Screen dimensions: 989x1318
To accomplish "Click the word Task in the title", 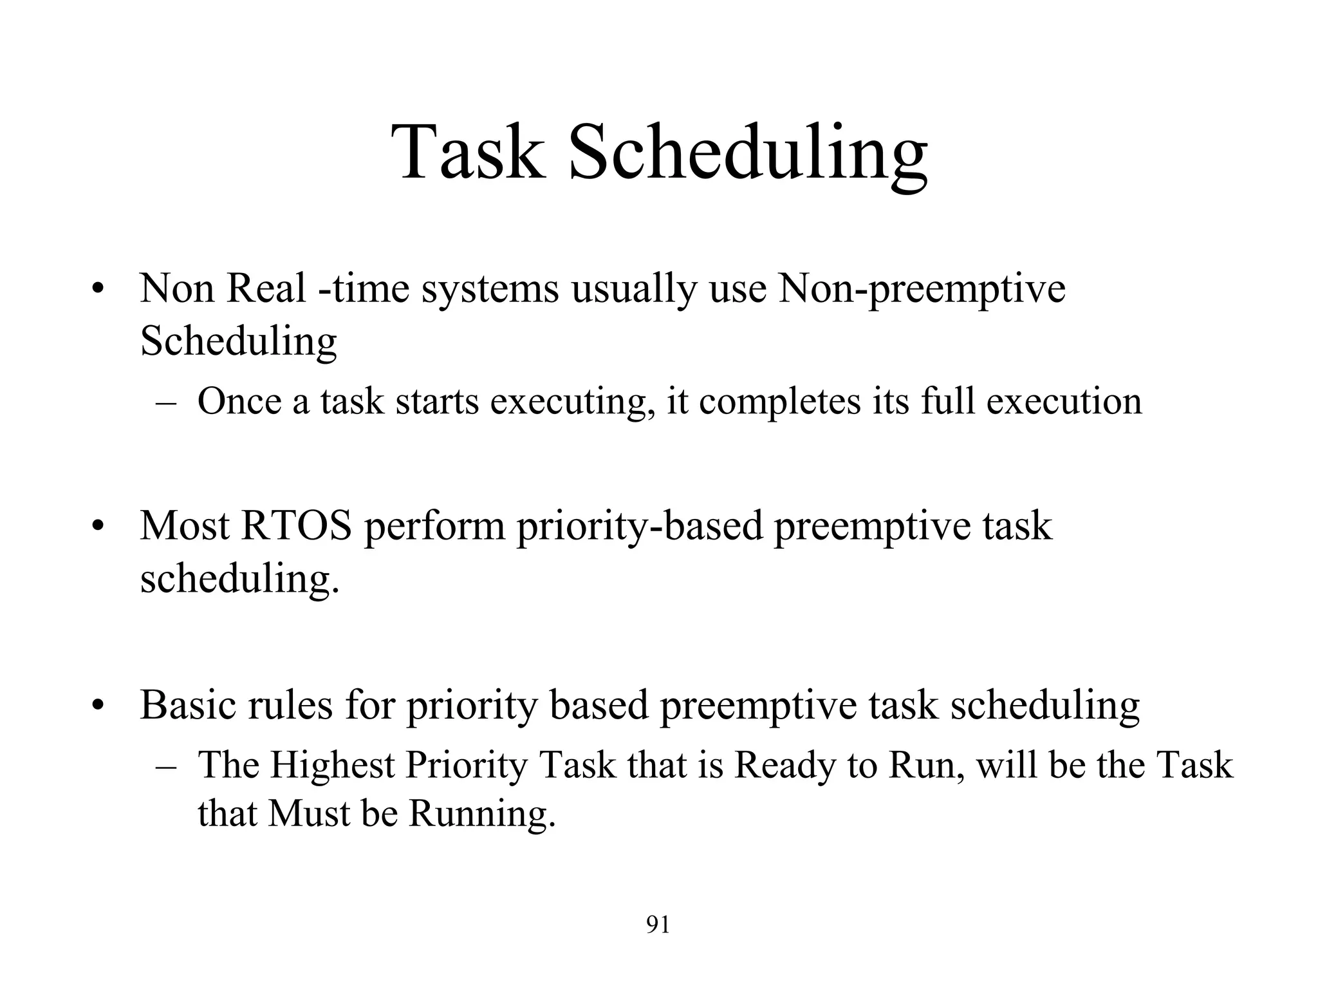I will tap(468, 153).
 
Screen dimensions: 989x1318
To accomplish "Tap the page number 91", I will tap(658, 925).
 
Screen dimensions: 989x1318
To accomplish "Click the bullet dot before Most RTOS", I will tap(97, 528).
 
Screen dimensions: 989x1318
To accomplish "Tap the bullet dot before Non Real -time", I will tap(97, 290).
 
